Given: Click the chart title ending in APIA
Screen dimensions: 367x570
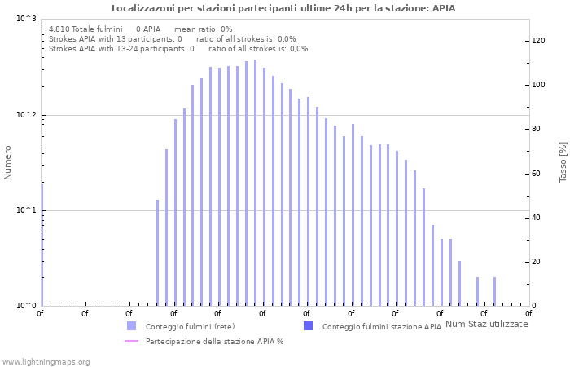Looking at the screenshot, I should tap(283, 8).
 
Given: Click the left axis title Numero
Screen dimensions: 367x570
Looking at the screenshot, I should tap(8, 162).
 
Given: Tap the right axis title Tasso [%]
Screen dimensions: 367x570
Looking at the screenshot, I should tap(563, 161).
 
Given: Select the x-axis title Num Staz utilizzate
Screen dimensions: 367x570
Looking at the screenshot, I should tap(487, 324).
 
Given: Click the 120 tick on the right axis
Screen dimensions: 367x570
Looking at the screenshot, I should tap(538, 41).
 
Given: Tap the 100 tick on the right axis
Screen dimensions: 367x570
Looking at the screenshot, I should tap(538, 85).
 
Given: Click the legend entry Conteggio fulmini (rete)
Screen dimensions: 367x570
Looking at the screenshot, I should tap(190, 326).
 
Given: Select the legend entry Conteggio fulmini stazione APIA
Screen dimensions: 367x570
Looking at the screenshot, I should tap(381, 326).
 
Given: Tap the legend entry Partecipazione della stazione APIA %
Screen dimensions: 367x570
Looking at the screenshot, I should tap(214, 341).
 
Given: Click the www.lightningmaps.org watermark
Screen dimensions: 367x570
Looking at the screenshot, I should tap(46, 361).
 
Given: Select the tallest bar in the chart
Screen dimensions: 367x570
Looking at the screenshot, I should tap(255, 183).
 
